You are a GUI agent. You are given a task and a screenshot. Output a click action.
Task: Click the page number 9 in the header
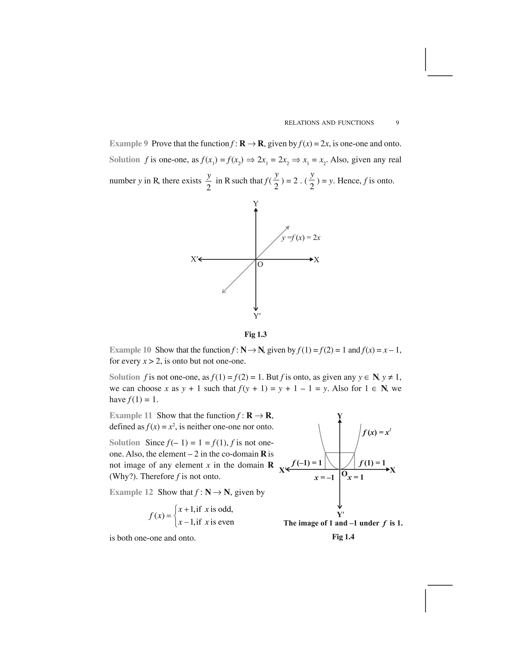(397, 123)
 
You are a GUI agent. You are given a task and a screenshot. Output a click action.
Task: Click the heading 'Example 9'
(128, 143)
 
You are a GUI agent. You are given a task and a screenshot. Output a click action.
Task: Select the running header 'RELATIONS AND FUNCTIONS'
(329, 123)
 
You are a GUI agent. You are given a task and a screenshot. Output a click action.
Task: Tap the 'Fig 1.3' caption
(255, 334)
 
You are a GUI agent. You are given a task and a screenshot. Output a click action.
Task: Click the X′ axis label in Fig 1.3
(194, 259)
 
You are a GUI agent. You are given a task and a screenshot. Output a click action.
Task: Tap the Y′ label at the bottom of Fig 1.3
(257, 316)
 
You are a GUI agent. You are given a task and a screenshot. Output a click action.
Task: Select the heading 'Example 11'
(130, 415)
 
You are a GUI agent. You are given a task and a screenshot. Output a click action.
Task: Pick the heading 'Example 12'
(131, 492)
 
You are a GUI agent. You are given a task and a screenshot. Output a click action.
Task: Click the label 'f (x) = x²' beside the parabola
(377, 433)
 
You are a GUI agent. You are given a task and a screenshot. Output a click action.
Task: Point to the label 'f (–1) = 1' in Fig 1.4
(306, 463)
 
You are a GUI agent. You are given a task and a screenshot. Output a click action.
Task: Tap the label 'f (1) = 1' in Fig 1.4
(372, 463)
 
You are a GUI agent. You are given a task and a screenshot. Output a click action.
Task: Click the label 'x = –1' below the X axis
(324, 478)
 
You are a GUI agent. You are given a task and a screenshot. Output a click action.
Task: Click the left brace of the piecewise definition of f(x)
(176, 516)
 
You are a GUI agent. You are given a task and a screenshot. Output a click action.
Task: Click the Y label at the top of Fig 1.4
(340, 416)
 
